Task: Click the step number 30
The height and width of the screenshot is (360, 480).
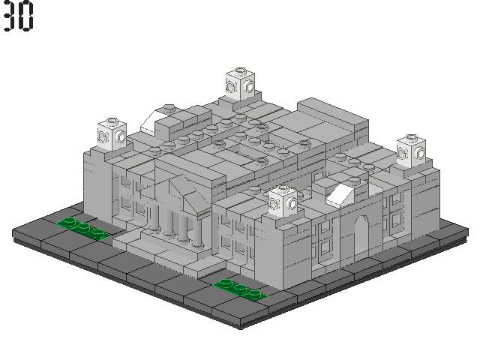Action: pyautogui.click(x=18, y=16)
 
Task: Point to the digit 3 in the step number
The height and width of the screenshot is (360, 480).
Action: pyautogui.click(x=10, y=16)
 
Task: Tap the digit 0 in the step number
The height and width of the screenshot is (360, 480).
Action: pyautogui.click(x=26, y=16)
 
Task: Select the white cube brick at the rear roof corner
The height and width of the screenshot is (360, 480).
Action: pyautogui.click(x=240, y=84)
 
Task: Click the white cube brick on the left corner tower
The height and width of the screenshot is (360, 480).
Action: pyautogui.click(x=112, y=134)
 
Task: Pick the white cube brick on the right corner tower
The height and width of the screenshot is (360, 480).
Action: pyautogui.click(x=411, y=151)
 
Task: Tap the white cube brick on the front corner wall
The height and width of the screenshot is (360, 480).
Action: pyautogui.click(x=283, y=202)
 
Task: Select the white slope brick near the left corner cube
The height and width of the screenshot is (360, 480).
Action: pyautogui.click(x=152, y=122)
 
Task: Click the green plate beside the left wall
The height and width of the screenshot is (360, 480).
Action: pyautogui.click(x=82, y=228)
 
